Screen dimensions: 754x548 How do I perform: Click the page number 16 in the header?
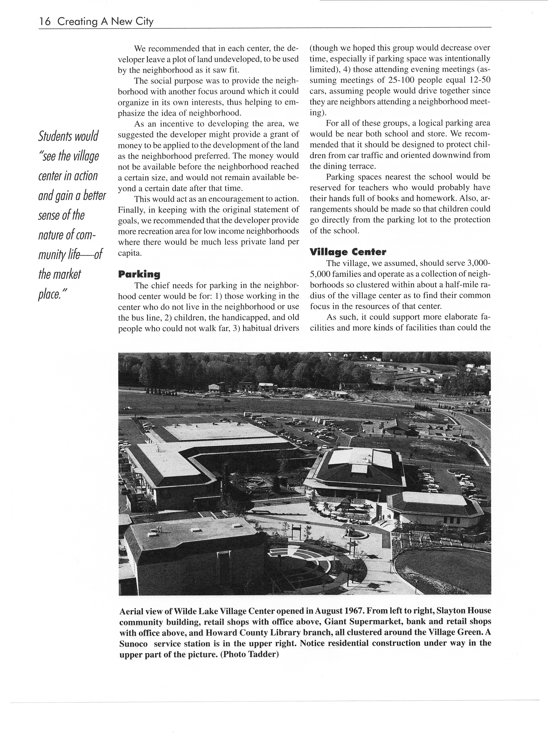click(x=45, y=22)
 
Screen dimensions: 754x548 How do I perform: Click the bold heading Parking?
click(x=139, y=274)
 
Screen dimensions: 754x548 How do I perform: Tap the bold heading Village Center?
click(x=348, y=252)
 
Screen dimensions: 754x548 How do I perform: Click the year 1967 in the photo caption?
click(x=352, y=611)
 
